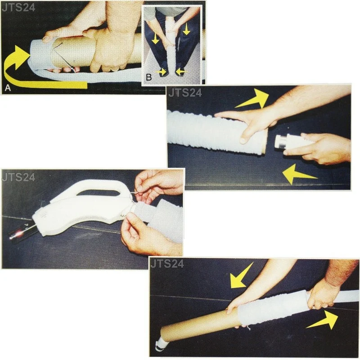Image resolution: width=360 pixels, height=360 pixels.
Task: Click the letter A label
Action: pyautogui.click(x=8, y=87)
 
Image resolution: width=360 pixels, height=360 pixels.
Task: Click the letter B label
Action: pyautogui.click(x=149, y=77)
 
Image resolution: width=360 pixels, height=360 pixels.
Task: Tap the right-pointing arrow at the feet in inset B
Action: pyautogui.click(x=161, y=72)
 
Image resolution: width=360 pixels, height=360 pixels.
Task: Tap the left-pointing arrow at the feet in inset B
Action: pyautogui.click(x=182, y=72)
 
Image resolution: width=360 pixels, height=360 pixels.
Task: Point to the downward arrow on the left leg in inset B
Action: pyautogui.click(x=156, y=38)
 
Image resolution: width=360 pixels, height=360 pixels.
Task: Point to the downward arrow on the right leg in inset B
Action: pyautogui.click(x=186, y=29)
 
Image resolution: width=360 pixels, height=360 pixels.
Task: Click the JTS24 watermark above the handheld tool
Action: pyautogui.click(x=18, y=177)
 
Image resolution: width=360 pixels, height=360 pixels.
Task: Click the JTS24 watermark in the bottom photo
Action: pyautogui.click(x=167, y=264)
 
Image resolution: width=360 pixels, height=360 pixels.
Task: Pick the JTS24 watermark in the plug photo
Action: pyautogui.click(x=185, y=93)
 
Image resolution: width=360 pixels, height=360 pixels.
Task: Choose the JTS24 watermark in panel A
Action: pyautogui.click(x=18, y=8)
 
